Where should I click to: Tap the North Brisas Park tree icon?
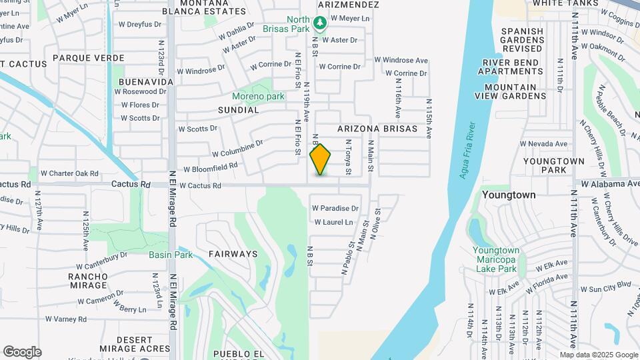tap(320, 24)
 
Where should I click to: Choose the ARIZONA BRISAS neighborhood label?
tap(377, 129)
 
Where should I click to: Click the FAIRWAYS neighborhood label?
tap(233, 254)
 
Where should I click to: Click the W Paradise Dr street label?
tap(335, 209)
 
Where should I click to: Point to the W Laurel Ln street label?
tap(333, 222)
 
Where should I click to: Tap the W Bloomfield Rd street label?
tap(211, 168)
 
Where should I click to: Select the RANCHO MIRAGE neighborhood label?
tap(87, 281)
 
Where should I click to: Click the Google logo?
tap(22, 352)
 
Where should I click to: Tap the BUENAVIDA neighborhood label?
tap(146, 81)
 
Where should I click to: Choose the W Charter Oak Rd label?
tap(69, 173)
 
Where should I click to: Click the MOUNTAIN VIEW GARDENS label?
tap(510, 91)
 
